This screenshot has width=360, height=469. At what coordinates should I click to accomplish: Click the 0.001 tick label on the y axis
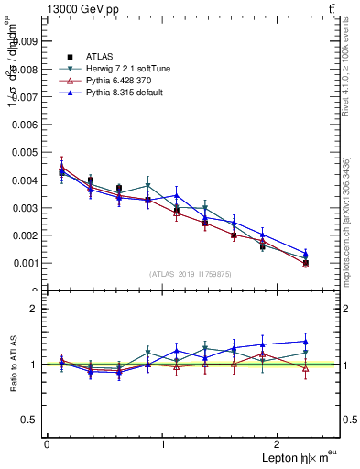24,263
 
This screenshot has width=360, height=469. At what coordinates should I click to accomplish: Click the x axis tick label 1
163,443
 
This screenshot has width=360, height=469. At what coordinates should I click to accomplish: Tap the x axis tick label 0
47,443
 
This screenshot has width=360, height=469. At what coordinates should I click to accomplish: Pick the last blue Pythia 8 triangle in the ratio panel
305,342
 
